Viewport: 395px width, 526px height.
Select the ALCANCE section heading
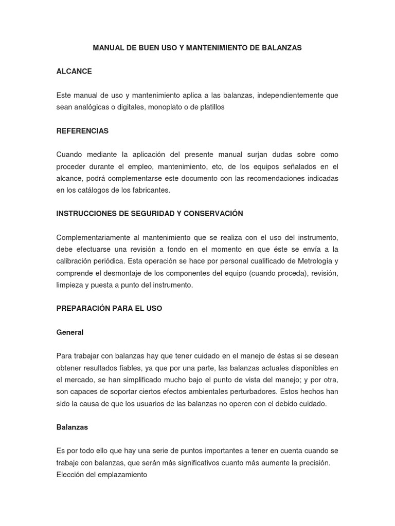[74, 71]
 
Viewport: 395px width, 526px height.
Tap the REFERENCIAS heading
[82, 131]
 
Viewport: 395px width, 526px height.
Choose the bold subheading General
[70, 332]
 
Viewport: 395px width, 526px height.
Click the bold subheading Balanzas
[72, 427]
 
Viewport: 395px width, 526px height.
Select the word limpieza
[69, 285]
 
